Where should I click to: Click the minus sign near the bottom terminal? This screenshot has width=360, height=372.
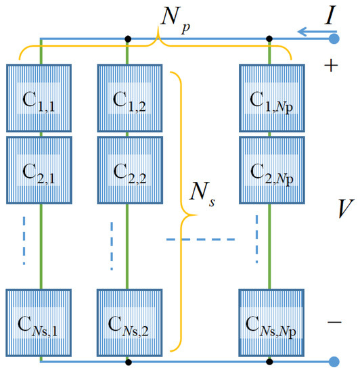point(334,323)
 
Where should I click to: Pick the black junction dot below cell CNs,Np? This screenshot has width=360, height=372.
point(271,362)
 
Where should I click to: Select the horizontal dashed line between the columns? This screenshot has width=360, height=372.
point(200,239)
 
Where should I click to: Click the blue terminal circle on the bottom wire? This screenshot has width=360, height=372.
point(334,362)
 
